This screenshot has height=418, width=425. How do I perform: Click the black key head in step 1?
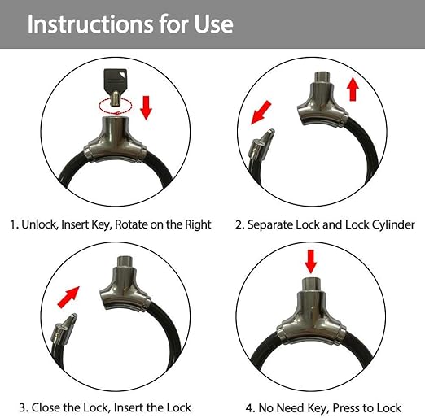tap(116, 80)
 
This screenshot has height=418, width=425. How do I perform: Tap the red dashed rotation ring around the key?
tap(101, 106)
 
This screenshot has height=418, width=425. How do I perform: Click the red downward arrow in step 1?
tap(147, 107)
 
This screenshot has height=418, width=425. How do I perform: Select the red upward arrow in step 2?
tap(353, 89)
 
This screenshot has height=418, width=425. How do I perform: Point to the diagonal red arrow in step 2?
tap(261, 112)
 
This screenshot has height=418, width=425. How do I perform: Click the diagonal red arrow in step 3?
tap(68, 298)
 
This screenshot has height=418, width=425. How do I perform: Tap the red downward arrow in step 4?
tap(310, 262)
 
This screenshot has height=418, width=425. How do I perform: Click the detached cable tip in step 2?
tap(261, 146)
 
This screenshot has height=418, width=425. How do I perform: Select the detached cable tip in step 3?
tap(64, 329)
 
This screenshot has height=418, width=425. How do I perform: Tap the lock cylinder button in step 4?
tap(311, 285)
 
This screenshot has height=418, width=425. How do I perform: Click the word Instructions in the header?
tap(90, 24)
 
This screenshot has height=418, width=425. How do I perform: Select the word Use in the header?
tap(213, 24)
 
